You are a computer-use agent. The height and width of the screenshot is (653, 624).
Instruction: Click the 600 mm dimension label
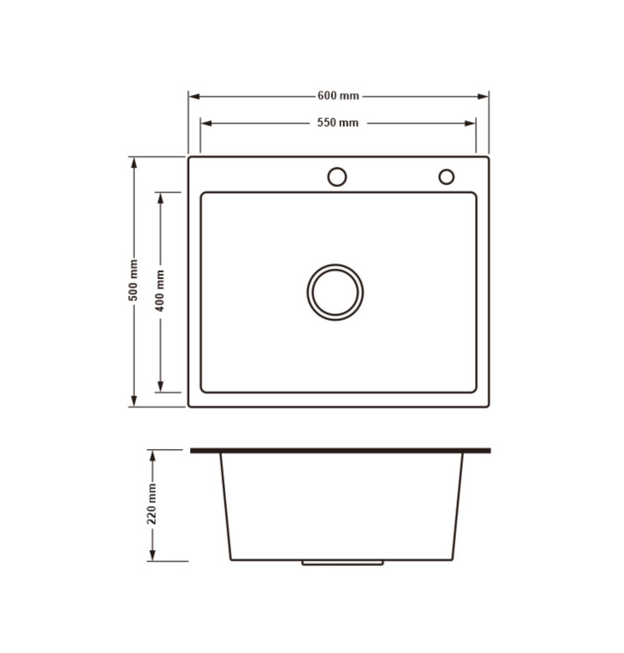(338, 96)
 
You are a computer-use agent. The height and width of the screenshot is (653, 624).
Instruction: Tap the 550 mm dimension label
(338, 123)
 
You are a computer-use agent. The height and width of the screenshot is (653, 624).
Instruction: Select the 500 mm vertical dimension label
(134, 280)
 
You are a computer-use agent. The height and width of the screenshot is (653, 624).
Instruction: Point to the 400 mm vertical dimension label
(160, 290)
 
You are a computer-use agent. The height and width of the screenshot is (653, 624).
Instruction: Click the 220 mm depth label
(153, 504)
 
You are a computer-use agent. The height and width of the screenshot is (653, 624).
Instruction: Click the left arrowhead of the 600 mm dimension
(194, 97)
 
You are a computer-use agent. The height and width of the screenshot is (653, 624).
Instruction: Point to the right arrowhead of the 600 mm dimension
(482, 97)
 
